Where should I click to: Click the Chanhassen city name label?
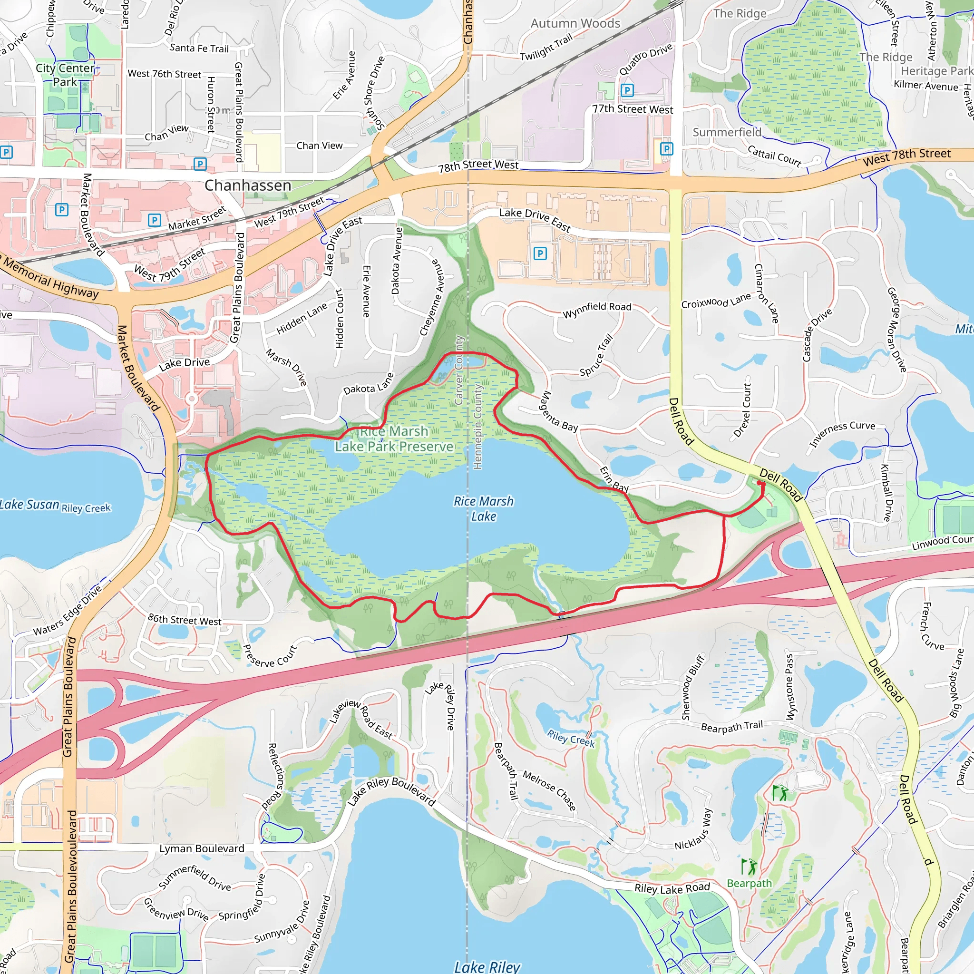247,185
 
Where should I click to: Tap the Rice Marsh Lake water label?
483,509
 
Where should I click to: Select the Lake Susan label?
30,505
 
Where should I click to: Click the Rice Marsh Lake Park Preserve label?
394,439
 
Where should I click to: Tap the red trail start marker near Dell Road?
760,484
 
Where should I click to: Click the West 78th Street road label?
906,157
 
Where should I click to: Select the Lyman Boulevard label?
202,849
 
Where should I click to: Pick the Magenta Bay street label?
560,411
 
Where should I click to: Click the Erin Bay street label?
614,479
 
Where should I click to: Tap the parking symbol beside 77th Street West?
627,90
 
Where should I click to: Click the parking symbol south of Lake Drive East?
540,253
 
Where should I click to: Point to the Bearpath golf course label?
749,883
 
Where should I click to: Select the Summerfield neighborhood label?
727,132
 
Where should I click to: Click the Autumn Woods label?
575,23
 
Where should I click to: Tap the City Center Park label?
65,75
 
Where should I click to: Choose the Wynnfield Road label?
597,310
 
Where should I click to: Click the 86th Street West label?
185,620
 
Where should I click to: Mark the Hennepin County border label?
477,426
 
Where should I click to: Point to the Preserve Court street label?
270,656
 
